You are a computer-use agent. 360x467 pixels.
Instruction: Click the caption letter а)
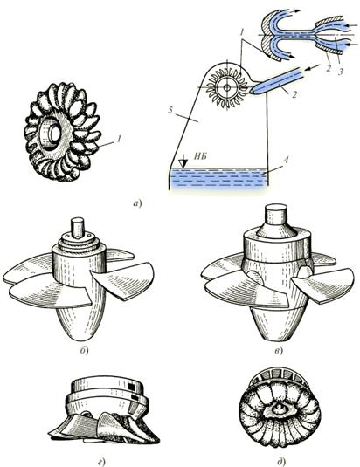pos(137,204)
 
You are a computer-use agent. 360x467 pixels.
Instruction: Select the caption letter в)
pos(278,351)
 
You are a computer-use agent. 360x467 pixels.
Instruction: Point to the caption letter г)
pos(101,462)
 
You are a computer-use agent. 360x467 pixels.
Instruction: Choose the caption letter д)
pos(281,462)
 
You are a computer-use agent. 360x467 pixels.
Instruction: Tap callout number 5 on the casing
pos(170,111)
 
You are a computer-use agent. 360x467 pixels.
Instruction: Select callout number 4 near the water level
pos(286,160)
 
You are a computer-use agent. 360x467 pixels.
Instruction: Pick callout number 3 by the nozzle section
pos(341,72)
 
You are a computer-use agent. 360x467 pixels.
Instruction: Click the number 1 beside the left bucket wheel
pos(118,139)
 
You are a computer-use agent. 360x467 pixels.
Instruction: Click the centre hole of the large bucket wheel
pos(54,134)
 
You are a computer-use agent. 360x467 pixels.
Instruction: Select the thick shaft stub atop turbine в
pos(277,214)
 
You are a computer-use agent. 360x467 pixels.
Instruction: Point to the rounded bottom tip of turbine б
pos(80,337)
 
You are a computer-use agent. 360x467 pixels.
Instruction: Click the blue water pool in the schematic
pos(218,178)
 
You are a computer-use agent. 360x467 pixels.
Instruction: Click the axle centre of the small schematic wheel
pos(227,87)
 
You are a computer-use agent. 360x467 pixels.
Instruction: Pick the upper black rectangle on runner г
pos(131,387)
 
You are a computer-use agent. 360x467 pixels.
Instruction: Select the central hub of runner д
pos(280,409)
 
